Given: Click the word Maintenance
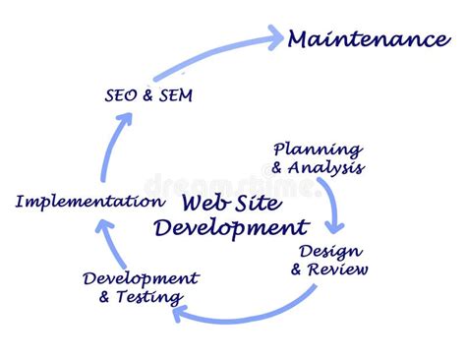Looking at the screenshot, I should click(368, 40).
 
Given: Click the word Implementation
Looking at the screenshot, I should click(88, 202).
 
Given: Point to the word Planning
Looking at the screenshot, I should click(317, 150).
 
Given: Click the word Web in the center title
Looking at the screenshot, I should click(205, 204).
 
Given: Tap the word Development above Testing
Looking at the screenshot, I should click(142, 278).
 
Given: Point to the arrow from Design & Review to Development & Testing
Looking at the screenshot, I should click(256, 312).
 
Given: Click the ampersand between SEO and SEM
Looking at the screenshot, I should click(147, 95).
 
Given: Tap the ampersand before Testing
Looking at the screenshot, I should click(106, 296).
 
